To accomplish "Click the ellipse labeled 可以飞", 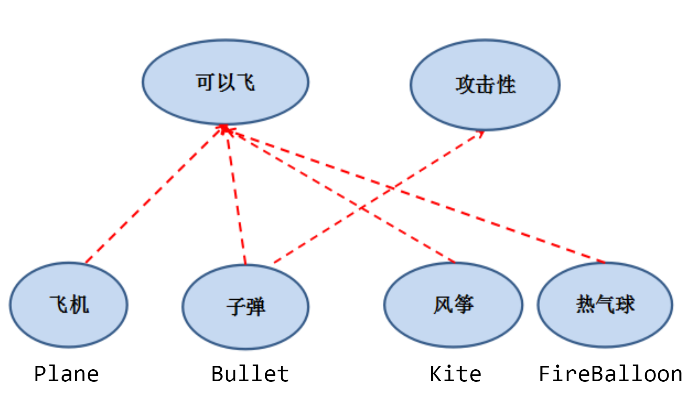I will tap(225, 82).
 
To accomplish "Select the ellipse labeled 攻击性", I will tap(485, 85).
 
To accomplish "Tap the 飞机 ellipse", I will tap(69, 305).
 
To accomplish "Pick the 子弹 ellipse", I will tap(246, 307).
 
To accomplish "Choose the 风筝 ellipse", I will tap(453, 305).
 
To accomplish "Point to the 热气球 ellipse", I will tap(605, 305).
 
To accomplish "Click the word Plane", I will tap(66, 374).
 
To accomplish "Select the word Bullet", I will tap(250, 374).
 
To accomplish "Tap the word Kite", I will tap(455, 374).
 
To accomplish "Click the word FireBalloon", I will tap(610, 374).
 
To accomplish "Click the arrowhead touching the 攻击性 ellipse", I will tap(480, 134).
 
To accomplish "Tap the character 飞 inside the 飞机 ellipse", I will tap(59, 305).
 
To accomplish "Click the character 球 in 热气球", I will tap(625, 305).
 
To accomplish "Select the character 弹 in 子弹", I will tap(255, 307).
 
